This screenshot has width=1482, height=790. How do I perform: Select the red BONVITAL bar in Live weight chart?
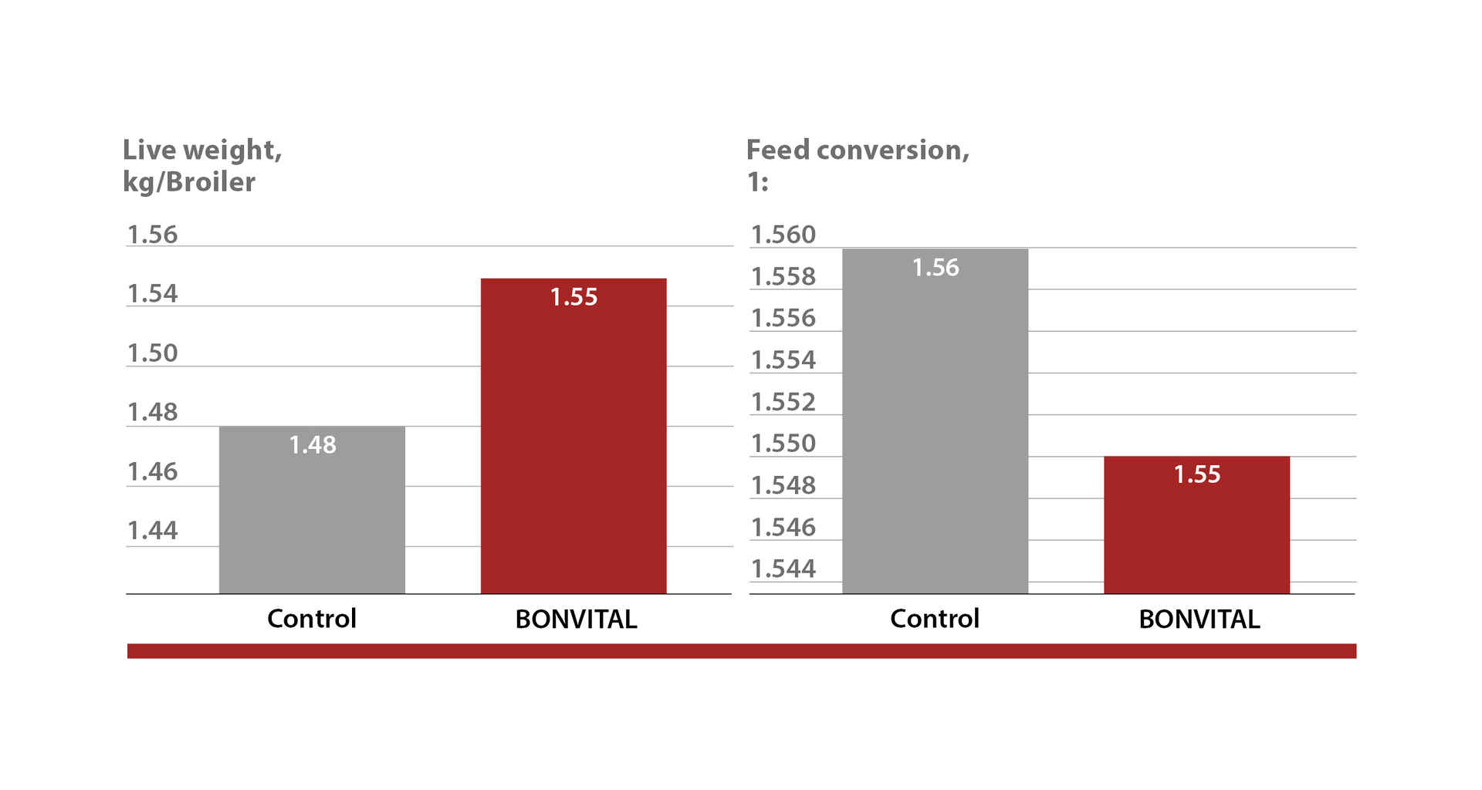coord(574,447)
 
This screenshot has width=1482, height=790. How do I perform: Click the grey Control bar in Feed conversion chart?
coord(935,432)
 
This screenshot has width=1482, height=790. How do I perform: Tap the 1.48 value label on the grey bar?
coord(313,445)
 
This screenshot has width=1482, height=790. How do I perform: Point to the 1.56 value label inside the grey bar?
coord(936,268)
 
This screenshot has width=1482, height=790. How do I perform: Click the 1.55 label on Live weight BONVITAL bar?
coord(574,297)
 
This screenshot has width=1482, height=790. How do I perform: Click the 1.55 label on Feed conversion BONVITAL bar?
coord(1197,474)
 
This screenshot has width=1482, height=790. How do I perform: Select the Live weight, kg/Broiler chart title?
coord(202,165)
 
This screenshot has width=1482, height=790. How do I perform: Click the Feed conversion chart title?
coord(858,164)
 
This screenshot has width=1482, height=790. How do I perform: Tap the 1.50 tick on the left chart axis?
coord(152,353)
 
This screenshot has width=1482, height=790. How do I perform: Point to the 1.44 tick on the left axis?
coord(152,531)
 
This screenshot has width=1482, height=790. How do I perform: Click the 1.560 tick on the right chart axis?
coord(783,235)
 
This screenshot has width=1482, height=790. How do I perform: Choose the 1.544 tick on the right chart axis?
coord(783,569)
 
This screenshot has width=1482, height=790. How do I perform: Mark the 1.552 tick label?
coord(783,402)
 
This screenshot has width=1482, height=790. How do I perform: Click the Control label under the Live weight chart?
coord(312,619)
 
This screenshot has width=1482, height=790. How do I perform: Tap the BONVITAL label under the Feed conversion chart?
coord(1199,620)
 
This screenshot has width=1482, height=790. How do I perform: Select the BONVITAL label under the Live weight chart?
coord(576,620)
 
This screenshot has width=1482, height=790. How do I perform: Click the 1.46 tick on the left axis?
coord(152,471)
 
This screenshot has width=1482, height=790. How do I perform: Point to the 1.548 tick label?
coord(783,485)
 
